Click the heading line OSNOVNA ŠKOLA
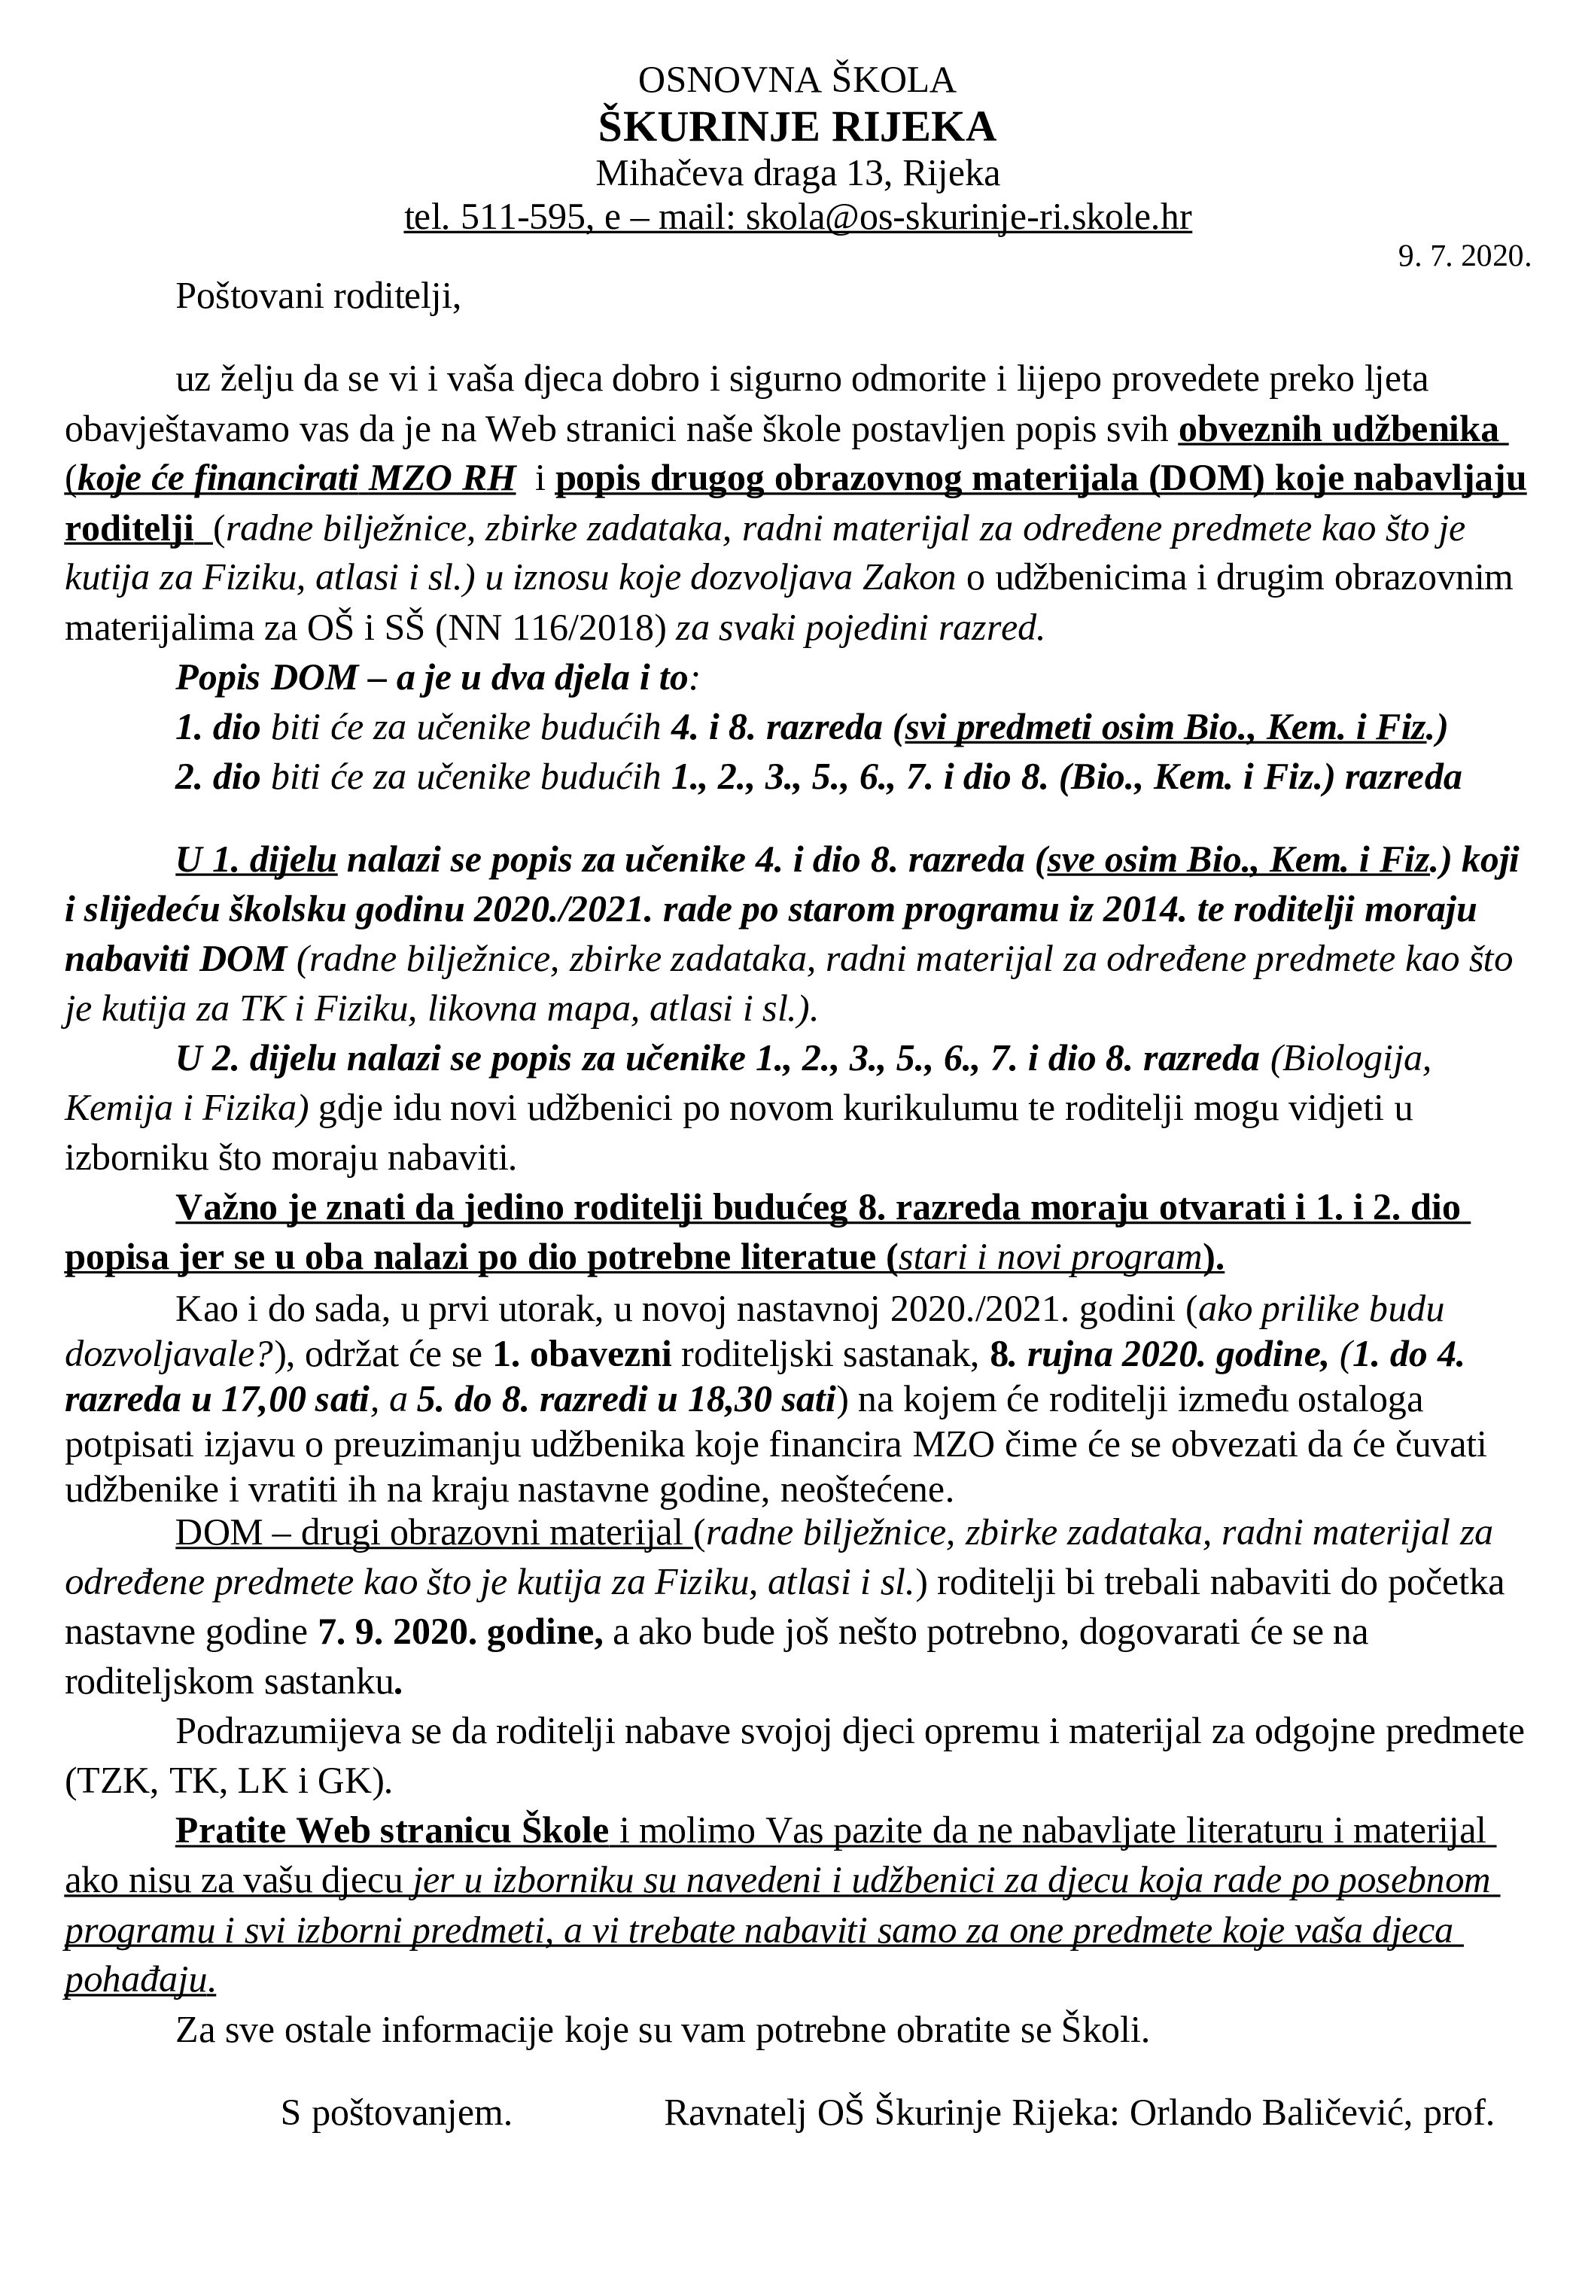click(x=797, y=80)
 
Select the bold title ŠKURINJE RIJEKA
click(x=797, y=127)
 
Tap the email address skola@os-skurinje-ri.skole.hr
click(x=968, y=218)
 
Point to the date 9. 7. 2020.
click(x=1463, y=257)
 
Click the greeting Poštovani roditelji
click(x=318, y=297)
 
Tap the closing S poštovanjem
click(x=396, y=2113)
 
